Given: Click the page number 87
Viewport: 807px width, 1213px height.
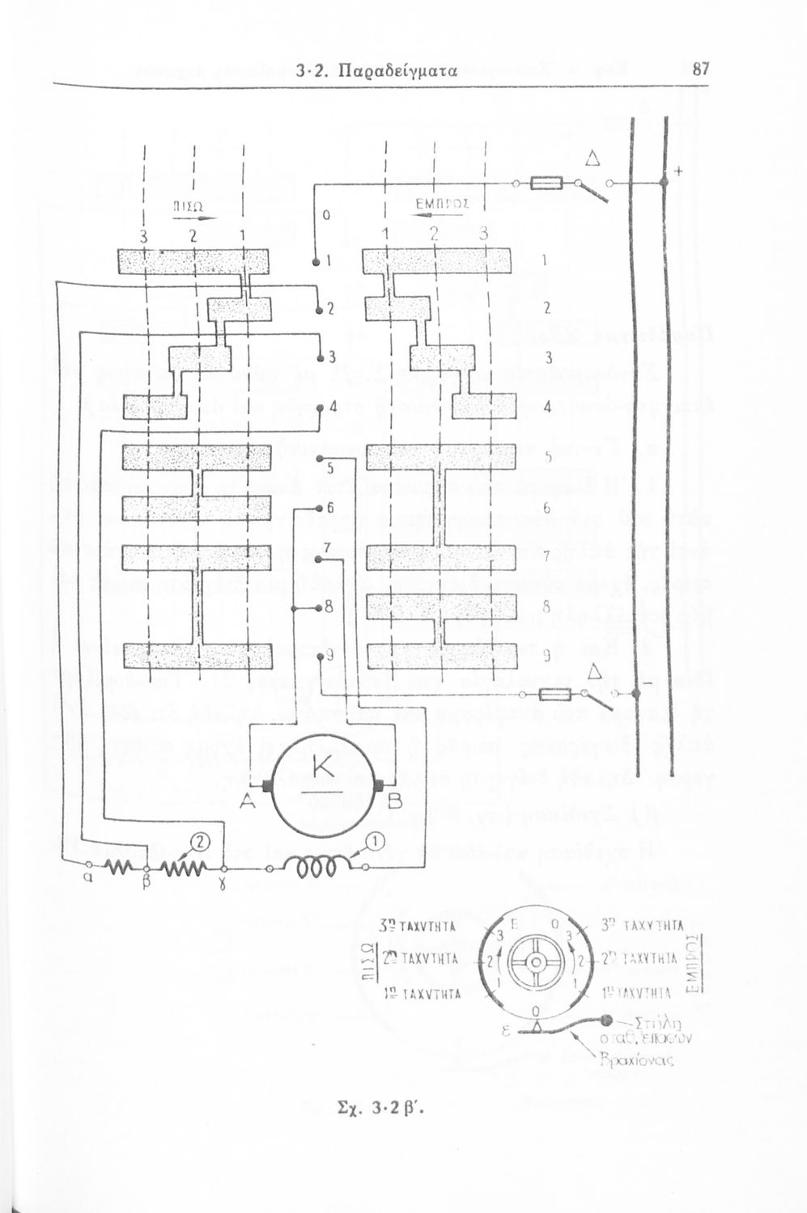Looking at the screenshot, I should [702, 70].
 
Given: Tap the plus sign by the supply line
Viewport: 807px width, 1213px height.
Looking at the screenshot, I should [677, 171].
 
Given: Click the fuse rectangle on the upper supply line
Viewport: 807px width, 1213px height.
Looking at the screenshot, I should [546, 184].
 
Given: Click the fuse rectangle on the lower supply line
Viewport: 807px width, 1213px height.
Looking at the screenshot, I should [556, 694].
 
